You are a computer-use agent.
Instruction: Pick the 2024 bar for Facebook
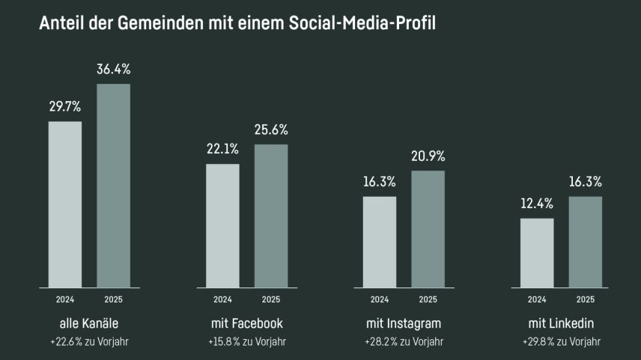point(222,225)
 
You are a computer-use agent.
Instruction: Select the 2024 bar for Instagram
point(380,242)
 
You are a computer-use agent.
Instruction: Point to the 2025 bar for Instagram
point(428,229)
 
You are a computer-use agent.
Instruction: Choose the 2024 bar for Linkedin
point(537,252)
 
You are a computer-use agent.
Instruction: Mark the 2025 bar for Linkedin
point(585,242)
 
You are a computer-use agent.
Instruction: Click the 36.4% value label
point(114,70)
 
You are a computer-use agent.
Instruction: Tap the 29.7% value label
point(65,107)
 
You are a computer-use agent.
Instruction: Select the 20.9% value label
point(428,156)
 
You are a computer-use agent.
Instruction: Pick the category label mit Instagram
point(404,324)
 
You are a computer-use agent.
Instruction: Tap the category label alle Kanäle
point(89,324)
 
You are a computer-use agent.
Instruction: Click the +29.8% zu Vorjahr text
point(561,342)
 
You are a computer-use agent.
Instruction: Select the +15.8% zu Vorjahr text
point(246,342)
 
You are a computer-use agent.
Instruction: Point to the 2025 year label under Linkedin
point(585,299)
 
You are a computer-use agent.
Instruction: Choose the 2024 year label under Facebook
point(222,299)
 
